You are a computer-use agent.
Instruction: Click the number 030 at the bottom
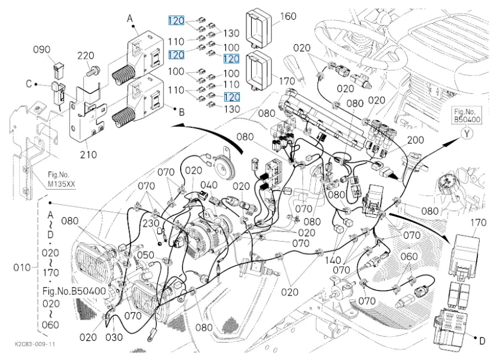coord(114,337)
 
